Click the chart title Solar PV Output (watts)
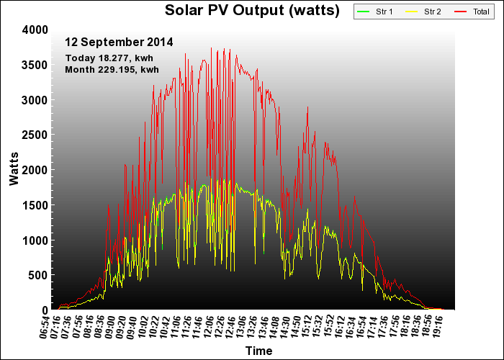(252, 10)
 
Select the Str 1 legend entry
(375, 12)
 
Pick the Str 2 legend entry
(423, 12)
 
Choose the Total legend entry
(472, 12)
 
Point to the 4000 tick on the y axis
(35, 30)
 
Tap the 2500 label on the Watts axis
(35, 135)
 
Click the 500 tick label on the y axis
(38, 275)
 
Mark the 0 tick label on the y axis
(45, 310)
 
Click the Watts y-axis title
(14, 169)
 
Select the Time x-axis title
(258, 351)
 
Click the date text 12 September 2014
(119, 42)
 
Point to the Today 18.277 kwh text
(109, 58)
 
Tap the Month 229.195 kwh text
(112, 69)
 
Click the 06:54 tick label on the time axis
(45, 327)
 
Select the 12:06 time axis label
(209, 327)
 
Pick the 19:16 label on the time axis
(438, 327)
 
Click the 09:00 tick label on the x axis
(110, 327)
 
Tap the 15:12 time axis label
(307, 327)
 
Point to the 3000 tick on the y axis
(35, 100)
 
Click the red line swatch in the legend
(460, 12)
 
